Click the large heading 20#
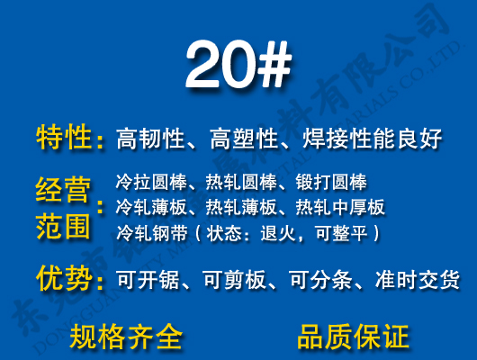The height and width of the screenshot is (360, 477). [238, 64]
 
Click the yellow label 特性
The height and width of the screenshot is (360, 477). [64, 139]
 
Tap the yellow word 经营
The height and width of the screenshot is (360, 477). [64, 190]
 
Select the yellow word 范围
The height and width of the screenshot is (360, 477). [64, 226]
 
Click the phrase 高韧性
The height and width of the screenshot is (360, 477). [150, 139]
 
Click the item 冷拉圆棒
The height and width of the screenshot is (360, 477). [148, 182]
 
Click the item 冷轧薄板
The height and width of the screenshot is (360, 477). [148, 207]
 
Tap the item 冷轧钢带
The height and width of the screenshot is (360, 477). [148, 233]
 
